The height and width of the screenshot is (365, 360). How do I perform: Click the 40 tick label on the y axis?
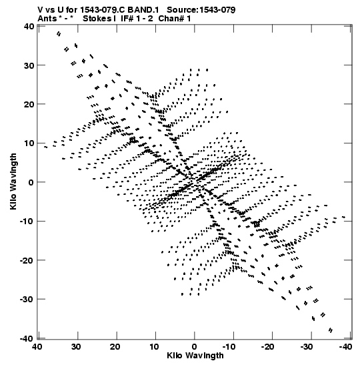coord(29,26)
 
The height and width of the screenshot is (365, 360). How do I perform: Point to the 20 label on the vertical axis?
coord(29,104)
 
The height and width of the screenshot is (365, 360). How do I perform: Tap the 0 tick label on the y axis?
coord(31,182)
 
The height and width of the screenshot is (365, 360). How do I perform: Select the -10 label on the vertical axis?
coord(27,221)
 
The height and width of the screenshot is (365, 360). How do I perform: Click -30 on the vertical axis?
coord(27,299)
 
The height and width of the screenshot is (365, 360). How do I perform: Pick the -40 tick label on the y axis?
coord(27,338)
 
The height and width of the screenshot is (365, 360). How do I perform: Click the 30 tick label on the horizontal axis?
coord(76,346)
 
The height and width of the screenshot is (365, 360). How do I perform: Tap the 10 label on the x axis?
coord(154,346)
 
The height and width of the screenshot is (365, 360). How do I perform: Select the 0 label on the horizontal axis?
coord(194,346)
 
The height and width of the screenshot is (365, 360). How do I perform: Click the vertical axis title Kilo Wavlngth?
coord(13,181)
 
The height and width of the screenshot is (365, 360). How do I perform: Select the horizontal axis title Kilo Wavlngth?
coord(195,356)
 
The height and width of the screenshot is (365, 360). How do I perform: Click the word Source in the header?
coord(183,10)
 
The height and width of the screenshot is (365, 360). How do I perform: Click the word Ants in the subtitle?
coord(47,19)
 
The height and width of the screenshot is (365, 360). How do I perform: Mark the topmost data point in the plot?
coord(59,34)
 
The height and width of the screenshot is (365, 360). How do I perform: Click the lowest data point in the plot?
coord(331,330)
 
